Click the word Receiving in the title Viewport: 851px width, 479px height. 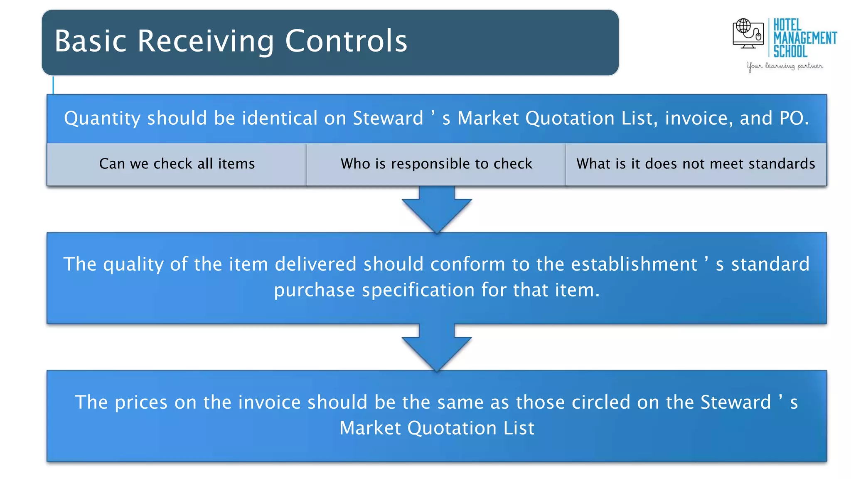(206, 41)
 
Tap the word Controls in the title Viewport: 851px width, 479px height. (346, 41)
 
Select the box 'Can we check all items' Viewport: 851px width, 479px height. (177, 164)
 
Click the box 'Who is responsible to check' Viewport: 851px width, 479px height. (436, 164)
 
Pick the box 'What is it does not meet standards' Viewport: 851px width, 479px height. (696, 164)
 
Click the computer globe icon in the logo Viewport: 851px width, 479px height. (748, 33)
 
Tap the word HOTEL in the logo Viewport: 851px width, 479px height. (787, 25)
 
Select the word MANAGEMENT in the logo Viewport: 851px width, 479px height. (805, 38)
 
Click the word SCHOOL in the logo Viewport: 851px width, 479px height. (790, 52)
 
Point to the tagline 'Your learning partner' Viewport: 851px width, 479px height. (785, 66)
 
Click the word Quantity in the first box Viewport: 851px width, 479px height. (102, 119)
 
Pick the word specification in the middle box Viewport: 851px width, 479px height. (418, 290)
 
